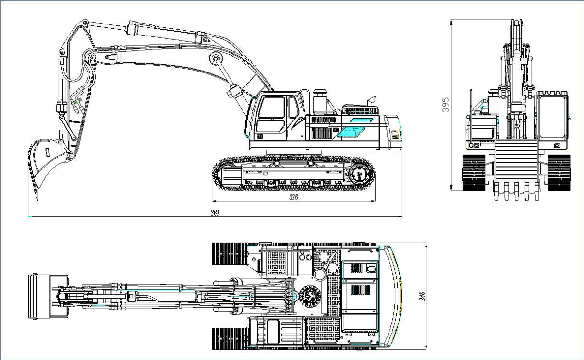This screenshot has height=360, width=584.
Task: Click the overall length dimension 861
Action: (215, 213)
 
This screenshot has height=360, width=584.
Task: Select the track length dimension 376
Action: (293, 197)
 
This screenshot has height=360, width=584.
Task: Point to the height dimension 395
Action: (445, 105)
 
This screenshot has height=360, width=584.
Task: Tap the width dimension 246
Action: (423, 297)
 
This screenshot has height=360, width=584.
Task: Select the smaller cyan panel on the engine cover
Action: (361, 120)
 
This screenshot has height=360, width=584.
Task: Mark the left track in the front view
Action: (474, 172)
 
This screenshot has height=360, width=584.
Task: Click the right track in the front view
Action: (558, 172)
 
